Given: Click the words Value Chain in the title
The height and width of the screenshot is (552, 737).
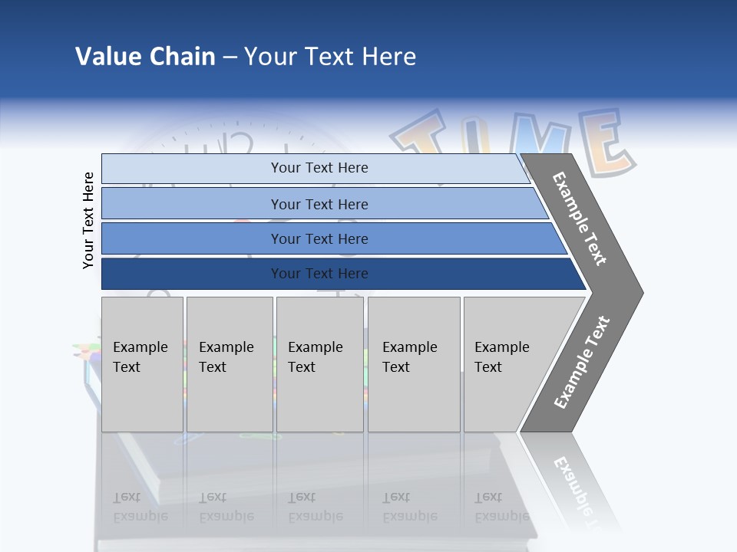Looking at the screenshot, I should [145, 57].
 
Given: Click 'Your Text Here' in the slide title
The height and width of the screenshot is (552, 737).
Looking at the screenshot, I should [330, 57].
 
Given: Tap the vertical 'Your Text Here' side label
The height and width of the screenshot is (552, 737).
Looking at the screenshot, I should [88, 220].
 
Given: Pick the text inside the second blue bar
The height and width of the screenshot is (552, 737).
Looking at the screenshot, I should [319, 204].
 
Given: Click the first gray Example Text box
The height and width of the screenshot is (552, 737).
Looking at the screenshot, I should [142, 364].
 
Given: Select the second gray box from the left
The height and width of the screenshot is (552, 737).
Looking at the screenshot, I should [229, 364].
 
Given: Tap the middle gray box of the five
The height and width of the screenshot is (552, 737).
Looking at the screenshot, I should [319, 364].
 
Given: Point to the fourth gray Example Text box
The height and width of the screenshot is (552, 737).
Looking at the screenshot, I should [414, 364].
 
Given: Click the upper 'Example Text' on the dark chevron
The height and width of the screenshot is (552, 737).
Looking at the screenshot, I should [580, 219].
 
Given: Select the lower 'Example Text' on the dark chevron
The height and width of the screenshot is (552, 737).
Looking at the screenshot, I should [582, 363].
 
